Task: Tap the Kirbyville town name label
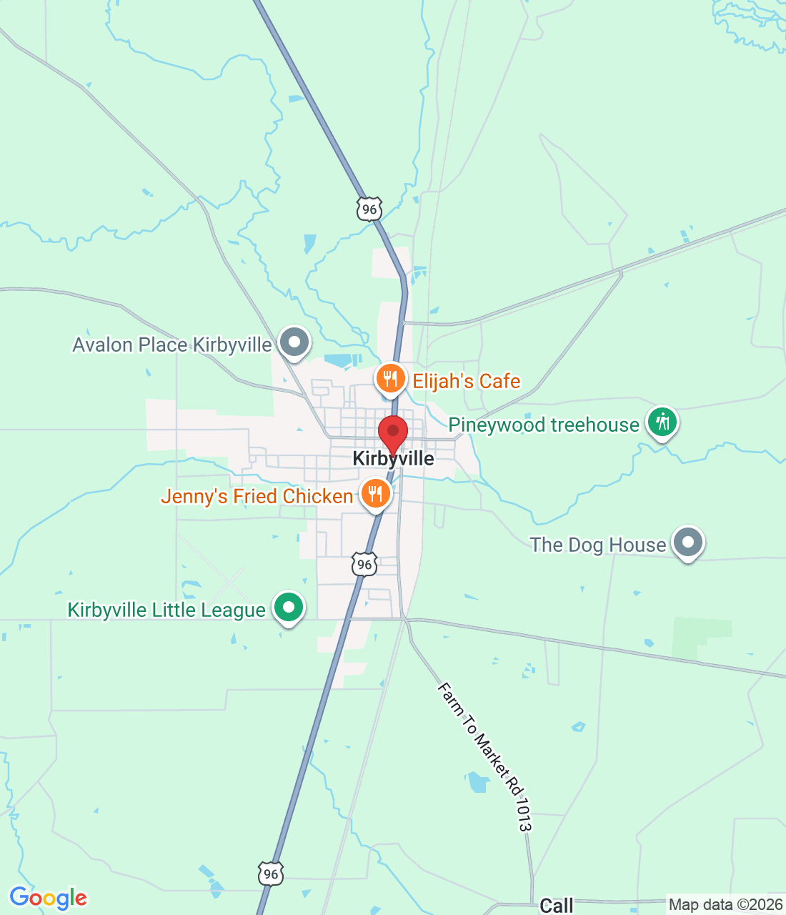click(394, 459)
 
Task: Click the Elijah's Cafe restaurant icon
click(390, 379)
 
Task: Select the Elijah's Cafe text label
click(467, 381)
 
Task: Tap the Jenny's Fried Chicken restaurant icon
click(375, 493)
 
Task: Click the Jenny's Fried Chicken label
click(257, 496)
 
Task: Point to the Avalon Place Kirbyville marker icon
click(294, 342)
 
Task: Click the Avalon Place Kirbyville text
click(172, 345)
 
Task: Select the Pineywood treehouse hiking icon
click(662, 422)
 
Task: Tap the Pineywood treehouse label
click(544, 425)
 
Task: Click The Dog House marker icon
click(687, 543)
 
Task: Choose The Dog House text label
click(598, 545)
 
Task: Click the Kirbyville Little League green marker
click(289, 608)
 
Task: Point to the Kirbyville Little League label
click(166, 610)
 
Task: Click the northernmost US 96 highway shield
click(369, 209)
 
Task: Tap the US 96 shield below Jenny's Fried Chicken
click(364, 564)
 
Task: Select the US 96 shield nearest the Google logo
click(270, 874)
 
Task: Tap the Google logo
click(48, 898)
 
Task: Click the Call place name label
click(557, 906)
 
